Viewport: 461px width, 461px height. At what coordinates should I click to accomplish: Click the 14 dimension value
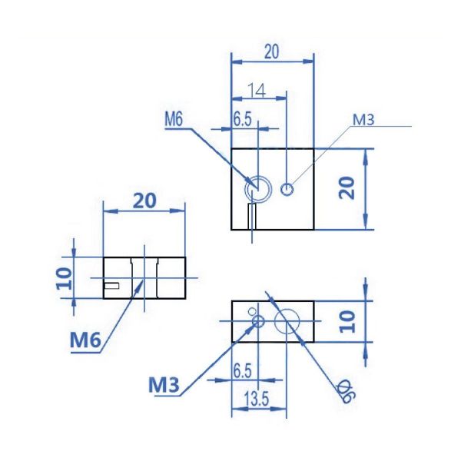click(257, 91)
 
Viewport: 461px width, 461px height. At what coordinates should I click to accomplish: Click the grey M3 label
click(363, 119)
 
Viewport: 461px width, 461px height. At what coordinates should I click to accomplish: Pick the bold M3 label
click(164, 383)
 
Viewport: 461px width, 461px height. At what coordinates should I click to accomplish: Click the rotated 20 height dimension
click(347, 187)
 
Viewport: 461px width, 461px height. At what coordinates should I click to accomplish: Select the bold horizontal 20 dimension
click(144, 201)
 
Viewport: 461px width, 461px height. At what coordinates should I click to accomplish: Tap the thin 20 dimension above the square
click(272, 52)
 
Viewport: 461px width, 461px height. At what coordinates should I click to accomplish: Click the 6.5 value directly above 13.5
click(242, 370)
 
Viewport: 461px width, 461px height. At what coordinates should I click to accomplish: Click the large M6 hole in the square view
click(257, 187)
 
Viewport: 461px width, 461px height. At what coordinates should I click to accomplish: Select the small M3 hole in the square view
click(287, 188)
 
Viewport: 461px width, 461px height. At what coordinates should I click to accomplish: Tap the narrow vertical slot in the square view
click(252, 216)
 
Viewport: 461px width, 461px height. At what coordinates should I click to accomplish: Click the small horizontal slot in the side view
click(112, 286)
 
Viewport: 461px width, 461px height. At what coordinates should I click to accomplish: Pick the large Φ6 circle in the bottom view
click(287, 321)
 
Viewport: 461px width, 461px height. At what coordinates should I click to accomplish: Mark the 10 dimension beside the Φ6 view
click(347, 321)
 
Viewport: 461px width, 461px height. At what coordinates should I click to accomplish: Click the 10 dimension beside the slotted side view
click(64, 277)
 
